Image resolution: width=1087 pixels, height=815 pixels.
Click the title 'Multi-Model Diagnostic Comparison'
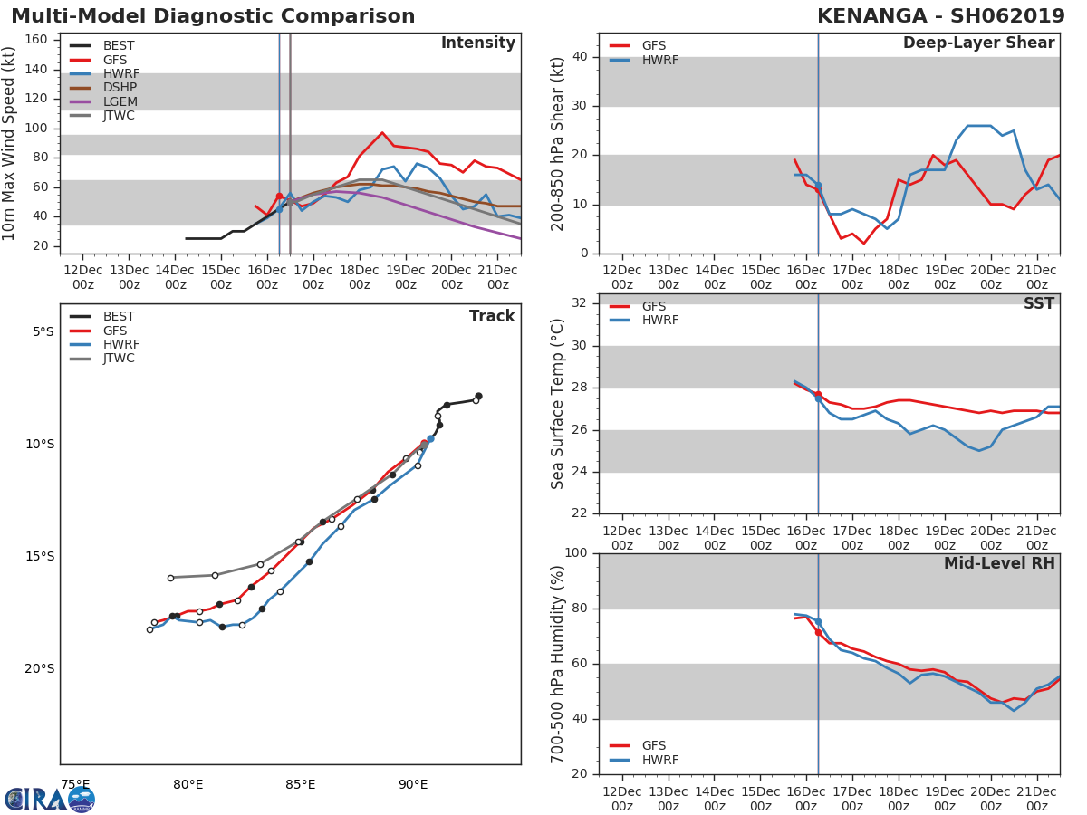tap(213, 16)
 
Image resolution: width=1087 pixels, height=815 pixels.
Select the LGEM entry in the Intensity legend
tap(119, 101)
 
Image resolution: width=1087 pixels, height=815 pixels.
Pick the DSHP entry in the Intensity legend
tap(119, 88)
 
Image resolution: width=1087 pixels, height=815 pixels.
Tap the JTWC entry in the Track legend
tap(119, 359)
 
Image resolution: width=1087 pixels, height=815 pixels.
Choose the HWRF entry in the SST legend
tap(659, 321)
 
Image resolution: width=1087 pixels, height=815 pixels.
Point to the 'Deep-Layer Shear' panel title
tap(978, 43)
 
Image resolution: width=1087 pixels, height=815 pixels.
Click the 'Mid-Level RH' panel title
tap(998, 564)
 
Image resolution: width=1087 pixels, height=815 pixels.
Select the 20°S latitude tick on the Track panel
tap(39, 669)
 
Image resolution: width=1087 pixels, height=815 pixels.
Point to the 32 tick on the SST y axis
tap(578, 303)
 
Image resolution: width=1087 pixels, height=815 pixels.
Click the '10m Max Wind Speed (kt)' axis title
tap(10, 143)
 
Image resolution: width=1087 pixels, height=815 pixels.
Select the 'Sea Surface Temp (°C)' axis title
tap(558, 404)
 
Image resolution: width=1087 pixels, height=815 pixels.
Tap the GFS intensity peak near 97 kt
tap(382, 133)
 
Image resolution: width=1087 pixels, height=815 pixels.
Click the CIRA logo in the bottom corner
tap(49, 799)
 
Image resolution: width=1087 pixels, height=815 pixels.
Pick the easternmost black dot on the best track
tap(478, 396)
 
